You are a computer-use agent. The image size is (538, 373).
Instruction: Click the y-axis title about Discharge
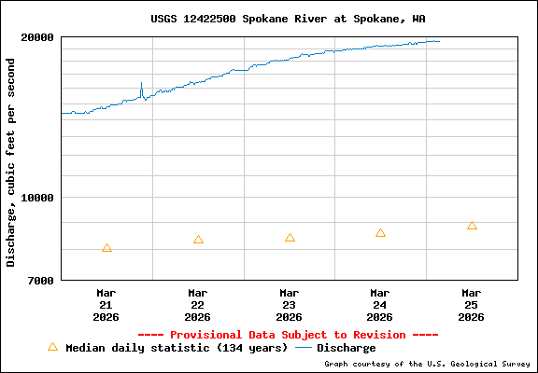coord(11,161)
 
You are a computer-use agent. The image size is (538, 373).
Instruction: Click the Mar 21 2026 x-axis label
coord(106,304)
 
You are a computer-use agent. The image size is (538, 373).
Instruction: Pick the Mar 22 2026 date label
coord(197,304)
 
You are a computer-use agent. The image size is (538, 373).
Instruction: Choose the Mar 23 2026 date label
coord(289,304)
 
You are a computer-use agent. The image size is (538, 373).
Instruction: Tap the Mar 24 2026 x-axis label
coord(380,304)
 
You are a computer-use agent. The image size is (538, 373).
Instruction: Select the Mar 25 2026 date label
coord(472,304)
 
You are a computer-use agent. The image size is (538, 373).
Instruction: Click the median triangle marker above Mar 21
coord(106,248)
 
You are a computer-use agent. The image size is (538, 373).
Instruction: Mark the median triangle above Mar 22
coord(198,240)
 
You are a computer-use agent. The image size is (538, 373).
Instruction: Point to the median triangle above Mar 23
coord(290,238)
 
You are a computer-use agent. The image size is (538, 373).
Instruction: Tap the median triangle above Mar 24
coord(380,233)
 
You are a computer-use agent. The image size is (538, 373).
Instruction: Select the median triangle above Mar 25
coord(472,226)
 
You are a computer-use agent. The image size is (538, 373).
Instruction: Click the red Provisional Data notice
coord(288,335)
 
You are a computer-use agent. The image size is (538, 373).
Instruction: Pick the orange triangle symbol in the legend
coord(52,347)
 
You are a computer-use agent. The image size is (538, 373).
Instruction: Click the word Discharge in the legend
coord(346,348)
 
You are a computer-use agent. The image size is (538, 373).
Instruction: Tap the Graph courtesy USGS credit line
coord(427,364)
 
